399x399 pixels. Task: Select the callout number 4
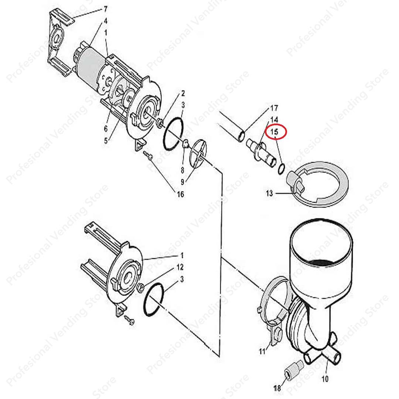[105, 21]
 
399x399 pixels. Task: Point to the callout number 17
[274, 108]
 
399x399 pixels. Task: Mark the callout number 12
[180, 267]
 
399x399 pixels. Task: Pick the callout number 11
[262, 351]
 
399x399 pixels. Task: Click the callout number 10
[325, 379]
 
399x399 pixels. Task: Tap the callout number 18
[277, 388]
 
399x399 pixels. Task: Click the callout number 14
[274, 119]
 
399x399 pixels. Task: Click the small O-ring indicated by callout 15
[281, 168]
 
